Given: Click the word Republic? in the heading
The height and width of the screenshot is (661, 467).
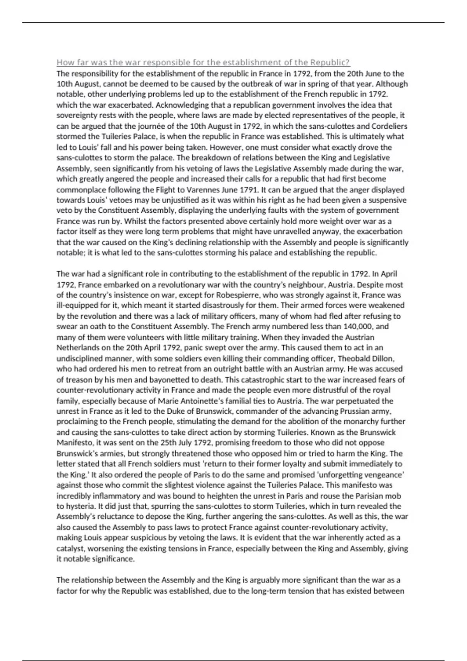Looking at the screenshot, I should pyautogui.click(x=330, y=62).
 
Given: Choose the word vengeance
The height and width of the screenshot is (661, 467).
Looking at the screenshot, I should pyautogui.click(x=384, y=474).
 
